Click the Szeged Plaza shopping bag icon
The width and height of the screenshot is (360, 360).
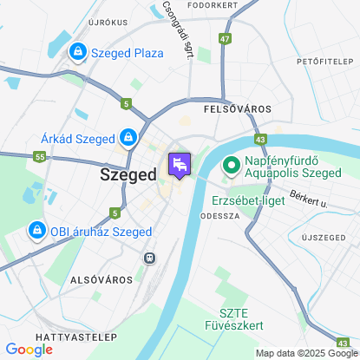tap(79, 53)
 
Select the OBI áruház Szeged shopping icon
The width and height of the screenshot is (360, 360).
tap(36, 231)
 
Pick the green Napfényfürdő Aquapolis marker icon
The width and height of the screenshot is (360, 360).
tap(232, 164)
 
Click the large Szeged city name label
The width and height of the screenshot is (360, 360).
tap(128, 174)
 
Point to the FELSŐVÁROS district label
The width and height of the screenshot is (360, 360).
tap(237, 110)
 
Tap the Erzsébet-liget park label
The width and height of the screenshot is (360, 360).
tap(249, 200)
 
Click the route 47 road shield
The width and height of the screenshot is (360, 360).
tap(226, 39)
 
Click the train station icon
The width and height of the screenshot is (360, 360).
tap(150, 258)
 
